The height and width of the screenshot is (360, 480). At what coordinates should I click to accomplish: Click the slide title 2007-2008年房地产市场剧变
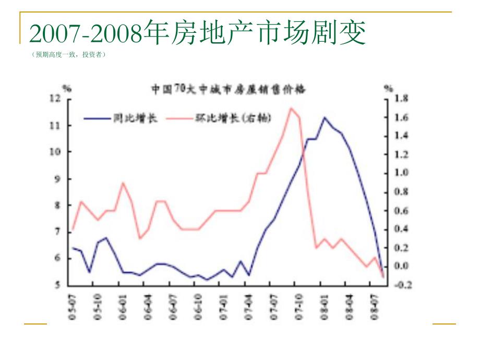[x=198, y=33]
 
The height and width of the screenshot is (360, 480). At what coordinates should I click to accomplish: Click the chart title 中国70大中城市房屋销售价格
[x=229, y=89]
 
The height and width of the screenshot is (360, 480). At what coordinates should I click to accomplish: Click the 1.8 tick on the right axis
[x=401, y=99]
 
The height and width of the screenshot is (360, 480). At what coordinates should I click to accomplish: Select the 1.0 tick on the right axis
[x=401, y=173]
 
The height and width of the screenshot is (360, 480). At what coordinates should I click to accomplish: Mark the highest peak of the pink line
[x=291, y=108]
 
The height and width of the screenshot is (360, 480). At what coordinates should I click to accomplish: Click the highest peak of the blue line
[x=324, y=117]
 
